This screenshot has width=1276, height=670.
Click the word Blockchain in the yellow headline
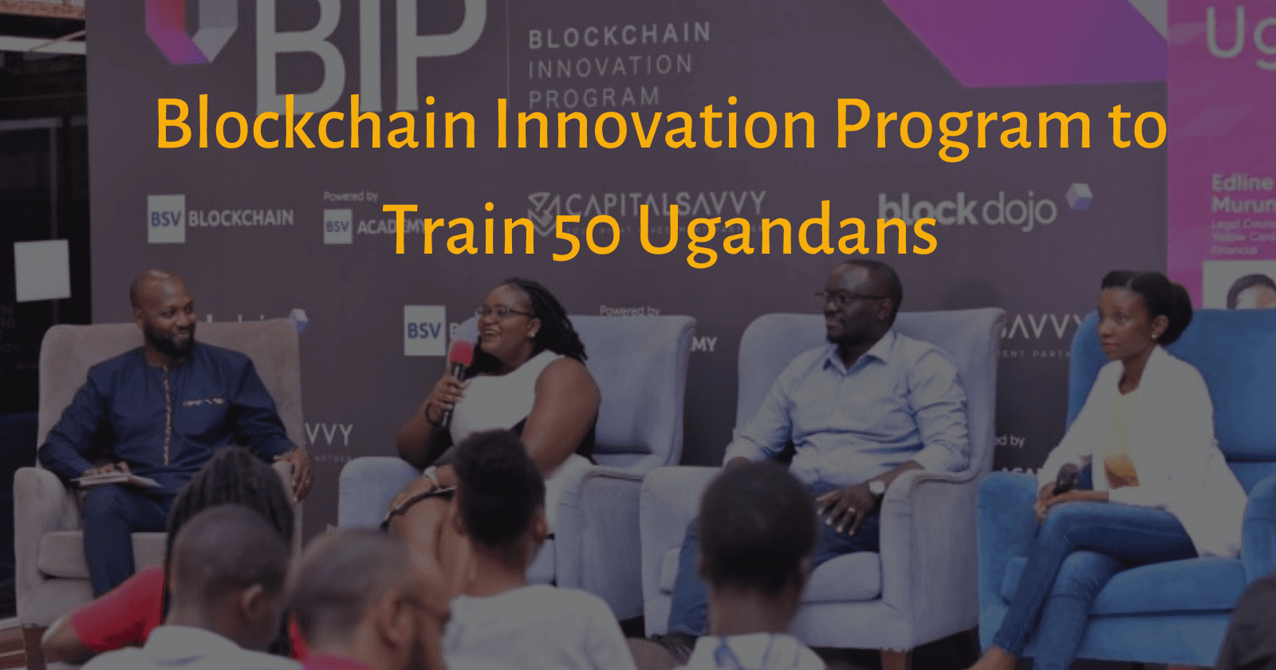pyautogui.click(x=315, y=124)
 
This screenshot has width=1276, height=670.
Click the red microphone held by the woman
pyautogui.click(x=459, y=358)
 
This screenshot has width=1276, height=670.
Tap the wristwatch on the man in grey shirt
pyautogui.click(x=876, y=487)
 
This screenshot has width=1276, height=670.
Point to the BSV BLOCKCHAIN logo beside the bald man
pyautogui.click(x=221, y=218)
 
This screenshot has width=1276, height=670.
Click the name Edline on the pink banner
pyautogui.click(x=1241, y=183)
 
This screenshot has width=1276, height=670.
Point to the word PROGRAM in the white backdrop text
pyautogui.click(x=593, y=97)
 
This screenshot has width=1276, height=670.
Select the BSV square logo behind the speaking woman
pyautogui.click(x=424, y=330)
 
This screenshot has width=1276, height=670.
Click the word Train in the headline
pyautogui.click(x=463, y=231)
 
